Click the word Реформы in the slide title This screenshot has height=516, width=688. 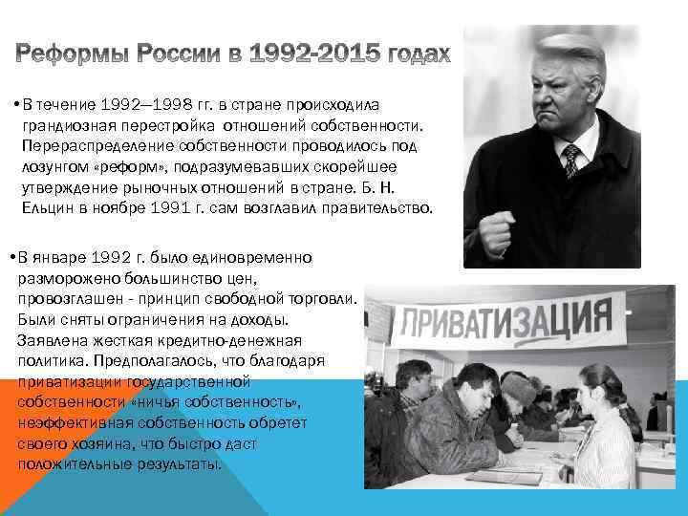74,54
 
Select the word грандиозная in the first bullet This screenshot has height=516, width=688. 69,126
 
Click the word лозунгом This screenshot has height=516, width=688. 54,167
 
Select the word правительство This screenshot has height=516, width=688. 376,207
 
